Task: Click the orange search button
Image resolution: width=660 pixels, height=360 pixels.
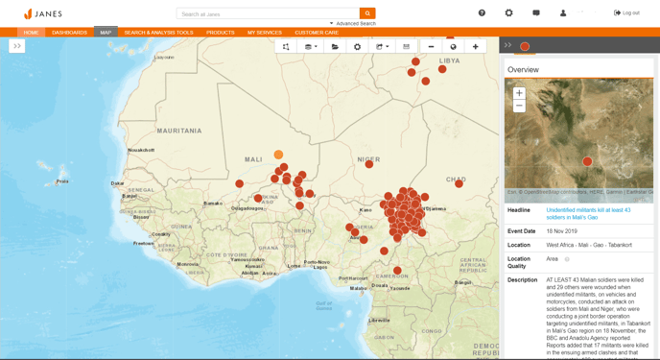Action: tap(367, 13)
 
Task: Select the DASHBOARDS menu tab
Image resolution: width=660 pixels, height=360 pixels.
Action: tap(69, 33)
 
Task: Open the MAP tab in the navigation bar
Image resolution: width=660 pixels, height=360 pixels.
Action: tap(106, 33)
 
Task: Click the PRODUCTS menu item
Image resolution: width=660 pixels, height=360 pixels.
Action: tap(220, 33)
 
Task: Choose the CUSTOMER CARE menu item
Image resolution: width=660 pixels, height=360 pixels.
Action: tap(316, 33)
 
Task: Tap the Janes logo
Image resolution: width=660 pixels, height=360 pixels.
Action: tap(42, 13)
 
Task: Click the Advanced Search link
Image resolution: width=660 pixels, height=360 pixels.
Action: tap(355, 23)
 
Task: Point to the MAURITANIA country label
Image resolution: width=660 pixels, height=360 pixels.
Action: tap(179, 130)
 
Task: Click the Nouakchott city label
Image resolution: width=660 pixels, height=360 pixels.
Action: tap(141, 150)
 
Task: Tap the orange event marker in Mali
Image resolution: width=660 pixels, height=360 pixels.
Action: tap(278, 155)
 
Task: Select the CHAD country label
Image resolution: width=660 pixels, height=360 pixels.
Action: tap(456, 179)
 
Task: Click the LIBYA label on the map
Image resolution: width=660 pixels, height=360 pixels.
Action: tap(449, 60)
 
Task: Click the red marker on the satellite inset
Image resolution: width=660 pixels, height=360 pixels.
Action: tap(588, 161)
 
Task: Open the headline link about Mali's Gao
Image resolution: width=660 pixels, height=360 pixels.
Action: tap(588, 213)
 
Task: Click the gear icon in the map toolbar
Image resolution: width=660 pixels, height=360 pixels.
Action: tap(358, 46)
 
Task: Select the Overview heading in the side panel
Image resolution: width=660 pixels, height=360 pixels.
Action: tap(523, 70)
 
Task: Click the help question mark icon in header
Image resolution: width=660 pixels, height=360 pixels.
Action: tap(482, 13)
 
